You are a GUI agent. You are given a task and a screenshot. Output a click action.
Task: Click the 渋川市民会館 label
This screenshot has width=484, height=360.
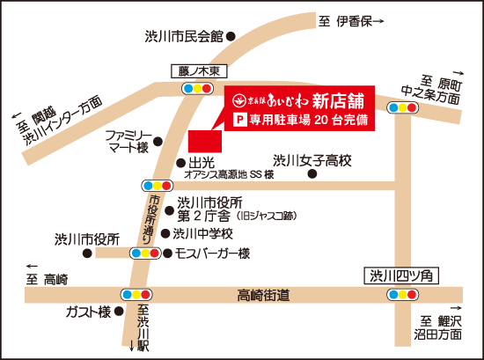(185, 36)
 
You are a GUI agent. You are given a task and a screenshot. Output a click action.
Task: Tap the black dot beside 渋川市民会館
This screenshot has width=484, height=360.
(231, 36)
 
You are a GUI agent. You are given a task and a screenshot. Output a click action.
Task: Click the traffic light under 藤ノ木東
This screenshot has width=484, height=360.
(196, 88)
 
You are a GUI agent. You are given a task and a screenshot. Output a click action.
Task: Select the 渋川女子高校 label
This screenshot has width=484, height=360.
(312, 160)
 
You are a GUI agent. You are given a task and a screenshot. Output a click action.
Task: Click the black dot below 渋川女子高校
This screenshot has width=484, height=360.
(312, 173)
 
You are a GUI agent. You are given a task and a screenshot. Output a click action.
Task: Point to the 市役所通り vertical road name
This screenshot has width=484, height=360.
(152, 219)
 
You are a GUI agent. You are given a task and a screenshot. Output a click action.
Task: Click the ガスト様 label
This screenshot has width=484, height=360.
(87, 312)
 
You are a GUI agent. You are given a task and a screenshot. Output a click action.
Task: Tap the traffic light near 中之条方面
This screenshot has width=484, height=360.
(402, 108)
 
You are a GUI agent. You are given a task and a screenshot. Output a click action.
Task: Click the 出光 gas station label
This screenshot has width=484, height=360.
(202, 162)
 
